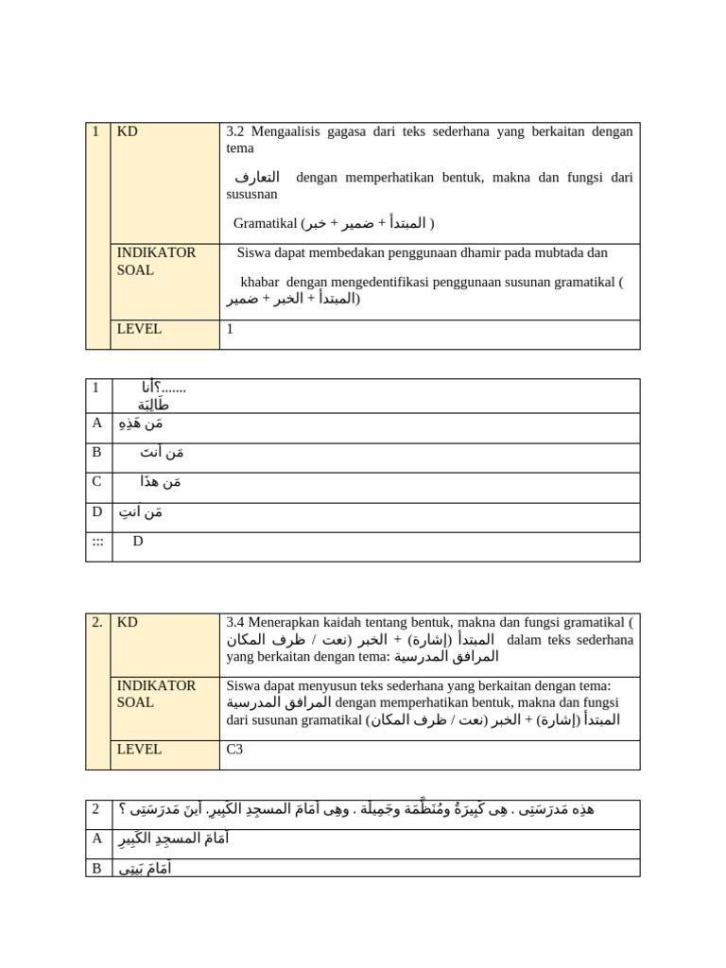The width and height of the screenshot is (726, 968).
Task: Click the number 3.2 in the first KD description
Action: (x=235, y=131)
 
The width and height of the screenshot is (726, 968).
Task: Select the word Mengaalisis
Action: (x=287, y=131)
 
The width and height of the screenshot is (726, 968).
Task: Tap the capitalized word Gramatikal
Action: (x=265, y=223)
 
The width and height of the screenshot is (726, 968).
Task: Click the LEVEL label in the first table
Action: (x=139, y=329)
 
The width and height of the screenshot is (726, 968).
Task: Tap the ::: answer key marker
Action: (x=97, y=542)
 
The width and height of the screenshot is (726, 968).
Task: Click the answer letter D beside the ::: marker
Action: (x=138, y=542)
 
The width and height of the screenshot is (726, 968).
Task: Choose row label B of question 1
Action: (x=96, y=453)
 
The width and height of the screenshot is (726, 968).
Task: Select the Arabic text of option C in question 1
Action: (x=159, y=482)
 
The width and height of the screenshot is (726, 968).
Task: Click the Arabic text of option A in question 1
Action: (x=140, y=423)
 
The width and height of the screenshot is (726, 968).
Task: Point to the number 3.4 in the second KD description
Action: (x=236, y=623)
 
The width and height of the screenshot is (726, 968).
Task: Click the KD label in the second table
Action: (x=128, y=623)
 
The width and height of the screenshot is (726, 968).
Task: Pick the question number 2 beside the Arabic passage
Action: (x=95, y=809)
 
